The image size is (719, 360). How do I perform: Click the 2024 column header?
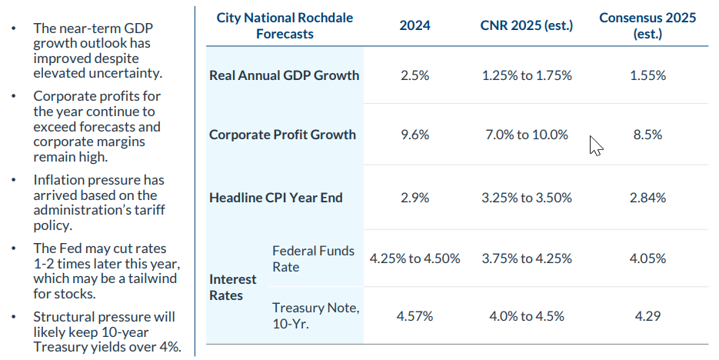tap(414, 25)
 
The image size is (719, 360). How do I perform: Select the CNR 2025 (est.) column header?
tap(527, 25)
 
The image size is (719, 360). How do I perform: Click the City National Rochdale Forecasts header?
tap(285, 25)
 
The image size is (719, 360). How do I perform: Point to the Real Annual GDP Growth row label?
tap(284, 75)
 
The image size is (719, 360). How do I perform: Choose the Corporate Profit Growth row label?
tap(282, 135)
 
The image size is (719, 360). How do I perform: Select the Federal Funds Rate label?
tap(313, 258)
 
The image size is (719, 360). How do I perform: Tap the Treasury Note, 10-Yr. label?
tap(315, 316)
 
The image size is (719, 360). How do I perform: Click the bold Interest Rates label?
tap(226, 288)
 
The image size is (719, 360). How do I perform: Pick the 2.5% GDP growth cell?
tap(414, 75)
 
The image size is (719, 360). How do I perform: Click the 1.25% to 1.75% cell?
tap(527, 75)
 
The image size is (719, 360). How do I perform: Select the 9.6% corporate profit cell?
tap(414, 135)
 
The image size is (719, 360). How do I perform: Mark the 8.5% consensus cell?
tap(647, 135)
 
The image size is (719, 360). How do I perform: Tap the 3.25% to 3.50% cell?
tap(527, 198)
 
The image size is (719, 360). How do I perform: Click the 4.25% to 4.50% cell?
tap(414, 258)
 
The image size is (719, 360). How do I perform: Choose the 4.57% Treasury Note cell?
tap(414, 316)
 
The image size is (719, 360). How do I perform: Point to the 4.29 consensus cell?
tap(647, 316)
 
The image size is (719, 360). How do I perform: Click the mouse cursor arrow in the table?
tap(595, 145)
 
